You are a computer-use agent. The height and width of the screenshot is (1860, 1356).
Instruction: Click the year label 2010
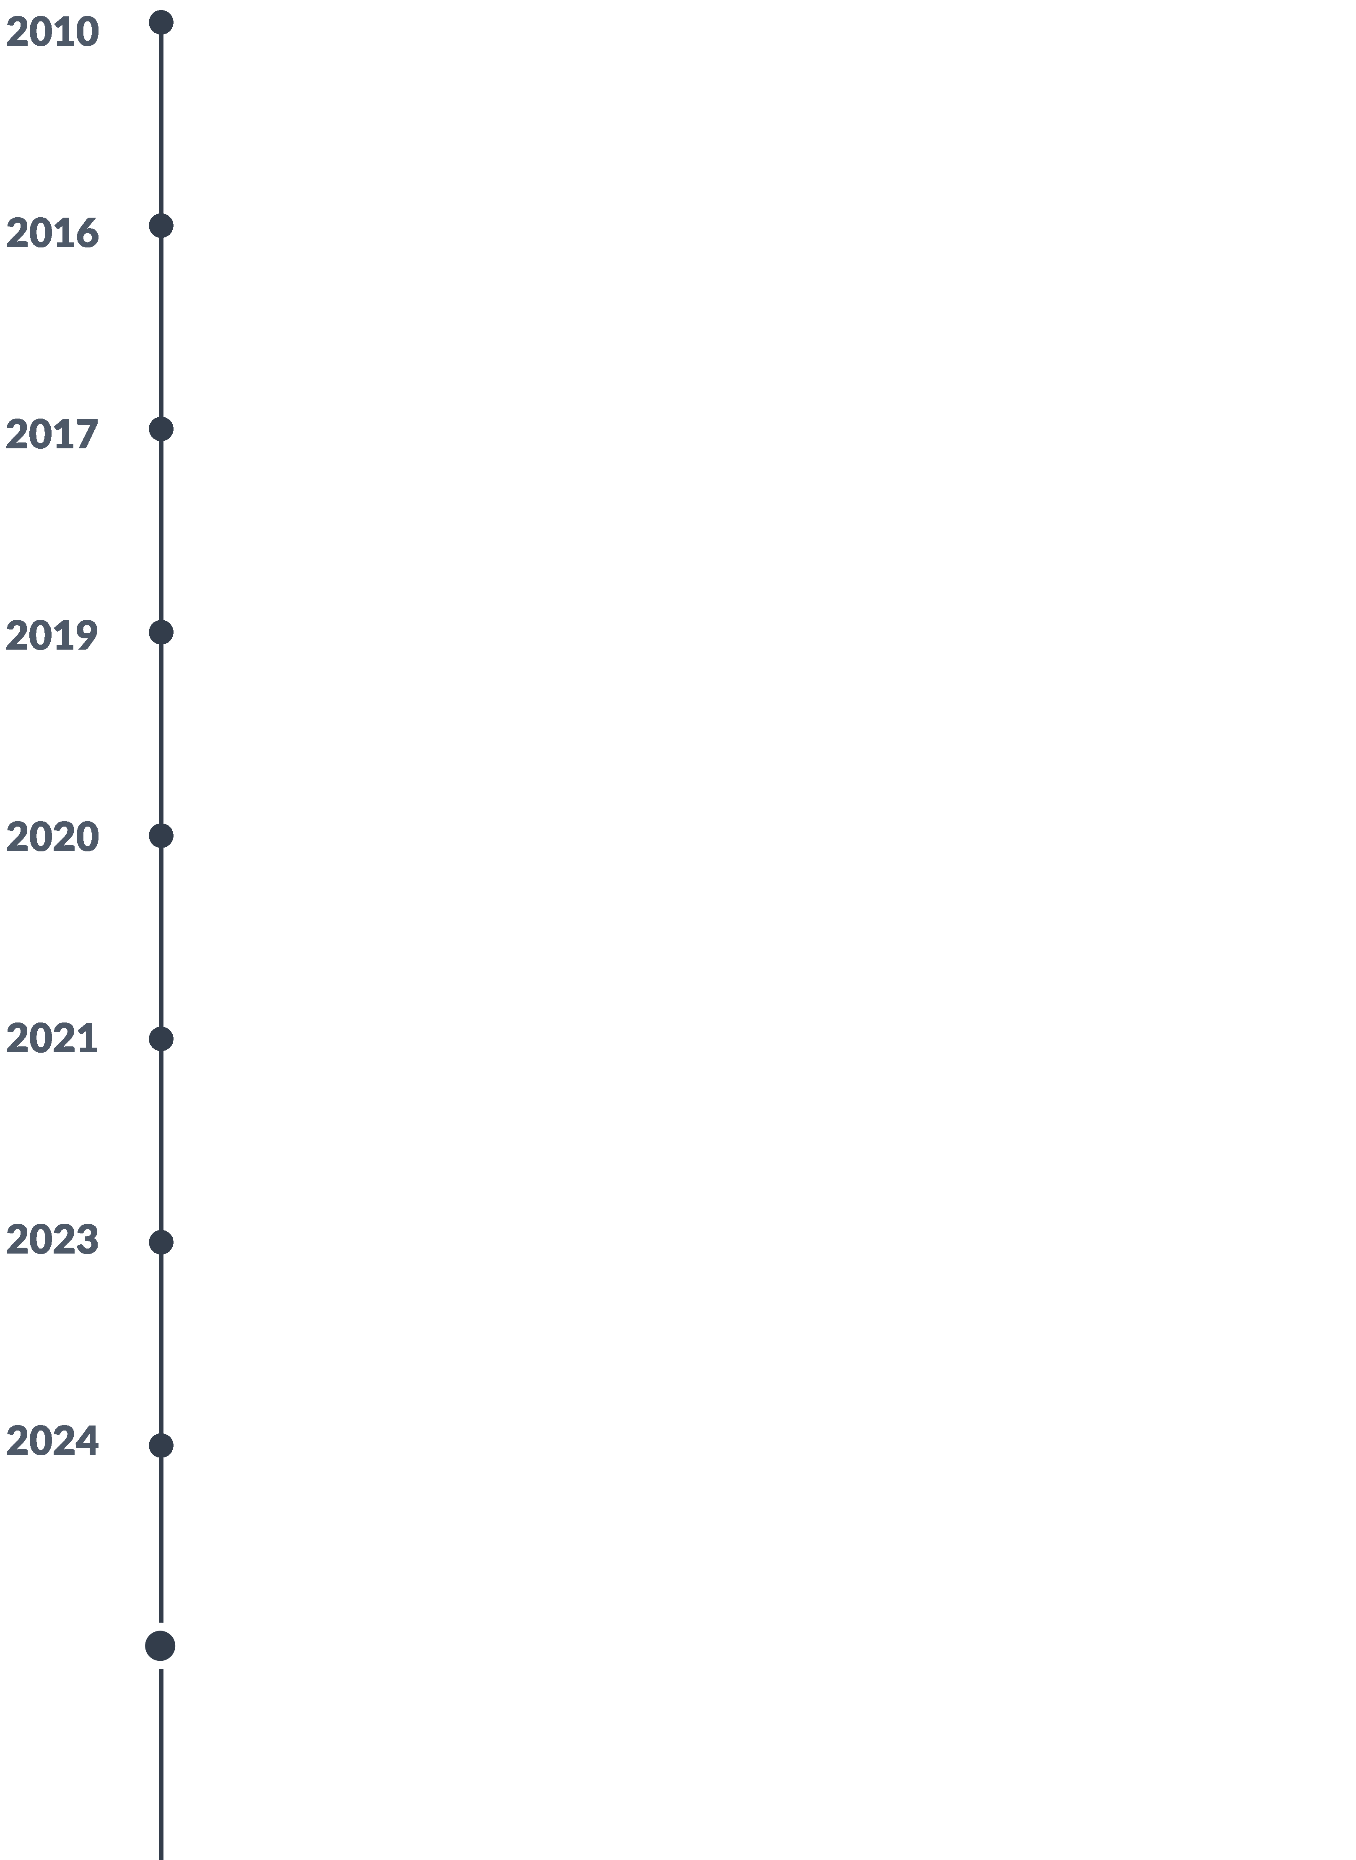click(52, 32)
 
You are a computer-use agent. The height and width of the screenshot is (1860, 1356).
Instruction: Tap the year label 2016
click(52, 233)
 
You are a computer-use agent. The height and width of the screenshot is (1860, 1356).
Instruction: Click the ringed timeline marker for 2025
click(160, 1646)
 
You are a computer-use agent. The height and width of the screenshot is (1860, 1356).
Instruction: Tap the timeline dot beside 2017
click(161, 429)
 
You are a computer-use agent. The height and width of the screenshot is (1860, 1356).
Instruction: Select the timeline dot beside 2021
click(161, 1039)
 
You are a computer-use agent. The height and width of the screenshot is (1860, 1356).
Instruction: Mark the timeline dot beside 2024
click(161, 1445)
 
